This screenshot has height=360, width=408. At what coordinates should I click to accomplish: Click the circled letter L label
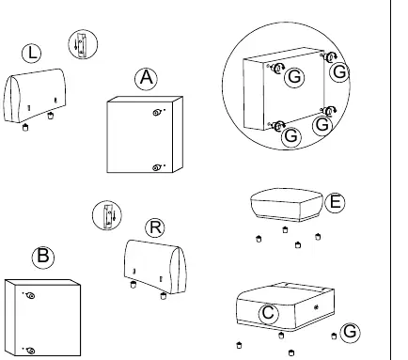[32, 53]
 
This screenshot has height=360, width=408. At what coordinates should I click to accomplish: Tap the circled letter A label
[147, 78]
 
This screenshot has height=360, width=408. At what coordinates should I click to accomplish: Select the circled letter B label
[43, 257]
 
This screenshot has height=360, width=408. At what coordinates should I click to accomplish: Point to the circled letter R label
[155, 227]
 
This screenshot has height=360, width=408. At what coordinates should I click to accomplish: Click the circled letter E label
[335, 202]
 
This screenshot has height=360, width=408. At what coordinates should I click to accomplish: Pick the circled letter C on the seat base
[269, 313]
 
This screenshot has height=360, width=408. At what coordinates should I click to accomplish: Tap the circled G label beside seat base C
[350, 332]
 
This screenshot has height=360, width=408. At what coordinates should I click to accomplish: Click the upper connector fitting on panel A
[158, 112]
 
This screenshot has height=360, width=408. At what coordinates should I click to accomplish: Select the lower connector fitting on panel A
[157, 167]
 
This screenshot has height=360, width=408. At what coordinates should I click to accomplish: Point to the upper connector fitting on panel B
[30, 295]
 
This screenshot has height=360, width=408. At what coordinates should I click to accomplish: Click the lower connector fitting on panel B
[30, 351]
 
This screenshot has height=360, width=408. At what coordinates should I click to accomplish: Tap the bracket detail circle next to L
[83, 44]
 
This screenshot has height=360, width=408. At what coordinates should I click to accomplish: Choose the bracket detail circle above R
[107, 215]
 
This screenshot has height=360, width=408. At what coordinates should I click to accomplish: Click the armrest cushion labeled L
[35, 96]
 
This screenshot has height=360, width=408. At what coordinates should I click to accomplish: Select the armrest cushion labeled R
[155, 267]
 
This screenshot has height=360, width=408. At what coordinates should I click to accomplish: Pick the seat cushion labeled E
[287, 205]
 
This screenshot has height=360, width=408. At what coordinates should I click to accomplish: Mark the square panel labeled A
[145, 134]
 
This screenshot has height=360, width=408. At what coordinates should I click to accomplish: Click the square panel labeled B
[42, 318]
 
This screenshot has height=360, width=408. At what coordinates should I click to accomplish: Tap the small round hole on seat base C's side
[316, 307]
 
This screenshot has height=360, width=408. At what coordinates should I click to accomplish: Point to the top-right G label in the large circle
[339, 72]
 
